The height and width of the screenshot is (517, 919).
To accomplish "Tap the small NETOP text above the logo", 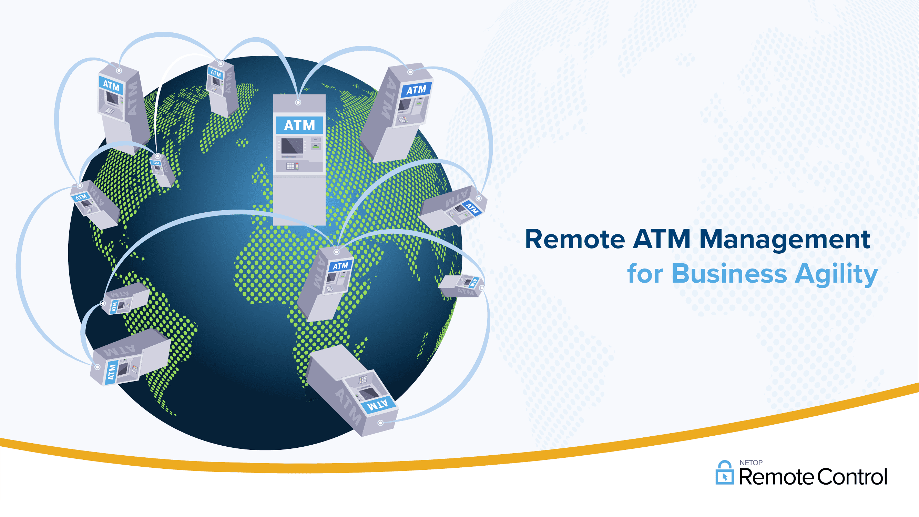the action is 751,463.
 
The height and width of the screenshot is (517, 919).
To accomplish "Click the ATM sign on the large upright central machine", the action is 299,125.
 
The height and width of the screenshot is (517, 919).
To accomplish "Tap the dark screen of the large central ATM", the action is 292,146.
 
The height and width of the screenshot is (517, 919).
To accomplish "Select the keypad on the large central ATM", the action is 292,166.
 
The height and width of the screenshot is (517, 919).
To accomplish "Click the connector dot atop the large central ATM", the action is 298,103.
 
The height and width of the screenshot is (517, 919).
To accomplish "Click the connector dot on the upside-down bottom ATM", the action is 381,423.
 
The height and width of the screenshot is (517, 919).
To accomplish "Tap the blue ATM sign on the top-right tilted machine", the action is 416,90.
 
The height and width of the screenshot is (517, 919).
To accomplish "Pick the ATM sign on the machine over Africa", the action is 340,265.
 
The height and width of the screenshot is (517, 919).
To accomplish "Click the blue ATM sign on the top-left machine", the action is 111,85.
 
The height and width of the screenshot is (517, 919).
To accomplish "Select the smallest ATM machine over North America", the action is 163,170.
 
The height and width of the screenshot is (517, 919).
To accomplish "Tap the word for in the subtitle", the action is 645,274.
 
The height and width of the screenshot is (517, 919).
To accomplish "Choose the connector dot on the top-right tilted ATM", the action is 410,72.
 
